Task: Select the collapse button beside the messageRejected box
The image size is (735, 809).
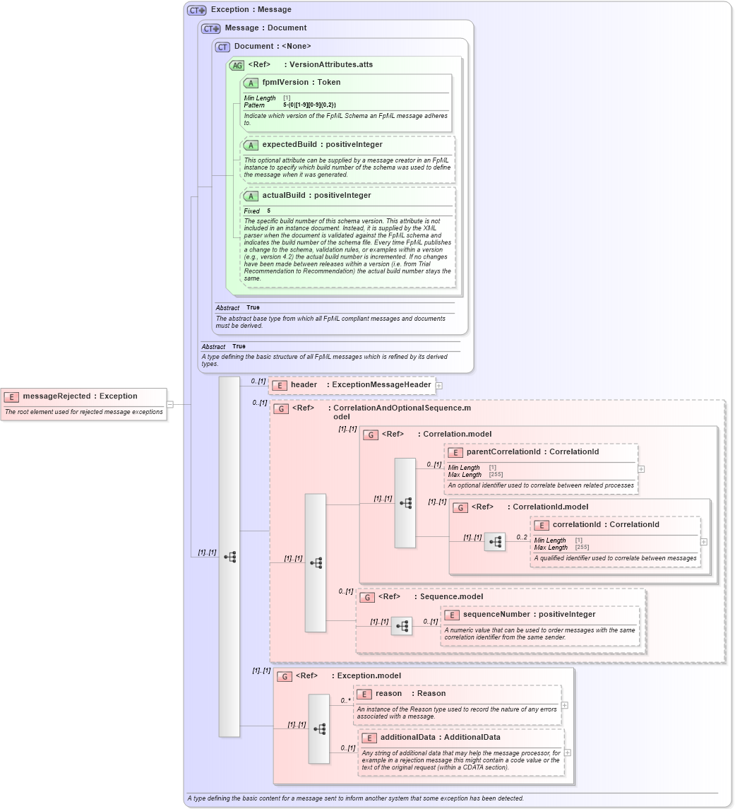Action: pos(169,404)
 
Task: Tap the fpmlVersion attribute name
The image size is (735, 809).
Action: pos(285,83)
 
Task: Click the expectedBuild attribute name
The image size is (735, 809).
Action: pos(289,145)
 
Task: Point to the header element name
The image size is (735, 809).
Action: pos(304,385)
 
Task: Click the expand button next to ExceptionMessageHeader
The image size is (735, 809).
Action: pos(439,386)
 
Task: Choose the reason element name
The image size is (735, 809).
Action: pos(388,694)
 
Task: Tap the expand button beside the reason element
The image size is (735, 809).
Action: pos(564,705)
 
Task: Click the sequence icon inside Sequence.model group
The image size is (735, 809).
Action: pos(402,626)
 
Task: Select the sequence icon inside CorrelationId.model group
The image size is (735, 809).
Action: pos(495,542)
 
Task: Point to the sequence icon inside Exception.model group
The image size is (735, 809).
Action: pos(319,728)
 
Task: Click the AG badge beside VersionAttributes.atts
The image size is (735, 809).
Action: pos(237,65)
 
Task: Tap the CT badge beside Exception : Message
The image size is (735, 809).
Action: pos(196,10)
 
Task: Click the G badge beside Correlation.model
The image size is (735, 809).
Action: pos(371,435)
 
